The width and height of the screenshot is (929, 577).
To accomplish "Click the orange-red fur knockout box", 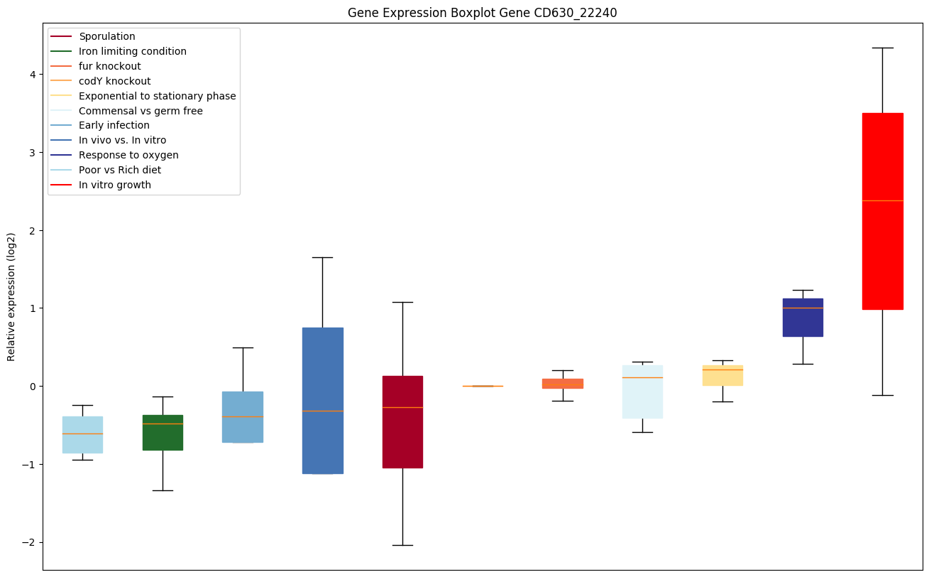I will tap(562, 384).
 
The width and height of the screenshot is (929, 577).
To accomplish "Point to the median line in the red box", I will tap(882, 201).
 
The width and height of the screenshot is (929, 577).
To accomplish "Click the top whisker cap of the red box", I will tap(882, 48).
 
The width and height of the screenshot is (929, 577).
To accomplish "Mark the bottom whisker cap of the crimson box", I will tap(402, 545).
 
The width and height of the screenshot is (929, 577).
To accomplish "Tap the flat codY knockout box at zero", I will tap(483, 386).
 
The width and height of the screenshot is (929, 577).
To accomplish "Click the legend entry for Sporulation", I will tap(107, 36).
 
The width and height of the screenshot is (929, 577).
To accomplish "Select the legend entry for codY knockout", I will tap(114, 81).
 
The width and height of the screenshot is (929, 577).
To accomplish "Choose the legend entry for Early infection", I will tap(114, 126).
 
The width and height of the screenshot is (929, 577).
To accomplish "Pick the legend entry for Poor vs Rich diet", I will tap(120, 171).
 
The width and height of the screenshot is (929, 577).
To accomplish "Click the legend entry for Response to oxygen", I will tap(128, 156).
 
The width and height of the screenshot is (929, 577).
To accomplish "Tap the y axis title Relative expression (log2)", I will tap(11, 297).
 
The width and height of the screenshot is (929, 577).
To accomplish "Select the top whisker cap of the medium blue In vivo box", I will tap(322, 257).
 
